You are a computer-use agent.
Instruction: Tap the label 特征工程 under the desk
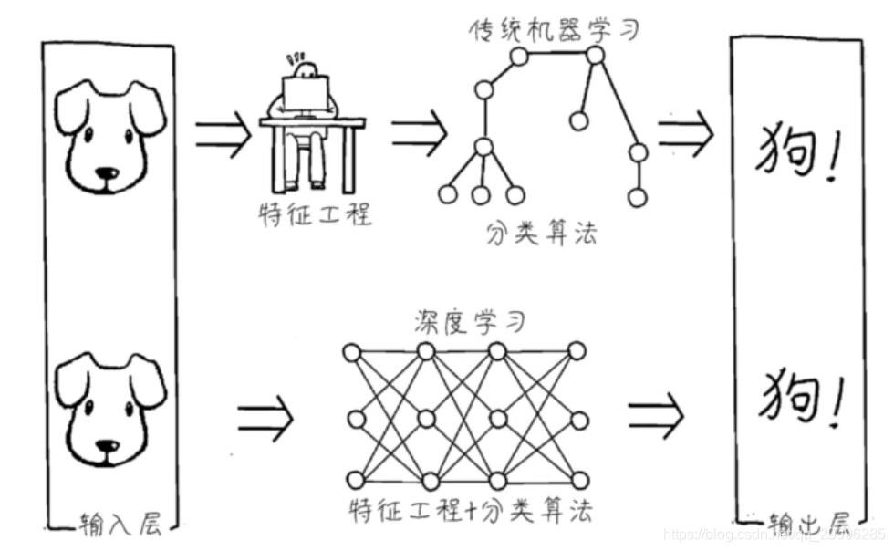click(x=314, y=215)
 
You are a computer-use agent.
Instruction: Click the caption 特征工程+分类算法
click(x=469, y=511)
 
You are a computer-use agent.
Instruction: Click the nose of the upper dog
click(x=108, y=172)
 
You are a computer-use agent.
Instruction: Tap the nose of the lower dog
click(x=108, y=447)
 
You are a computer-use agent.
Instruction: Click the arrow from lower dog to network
click(x=265, y=418)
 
